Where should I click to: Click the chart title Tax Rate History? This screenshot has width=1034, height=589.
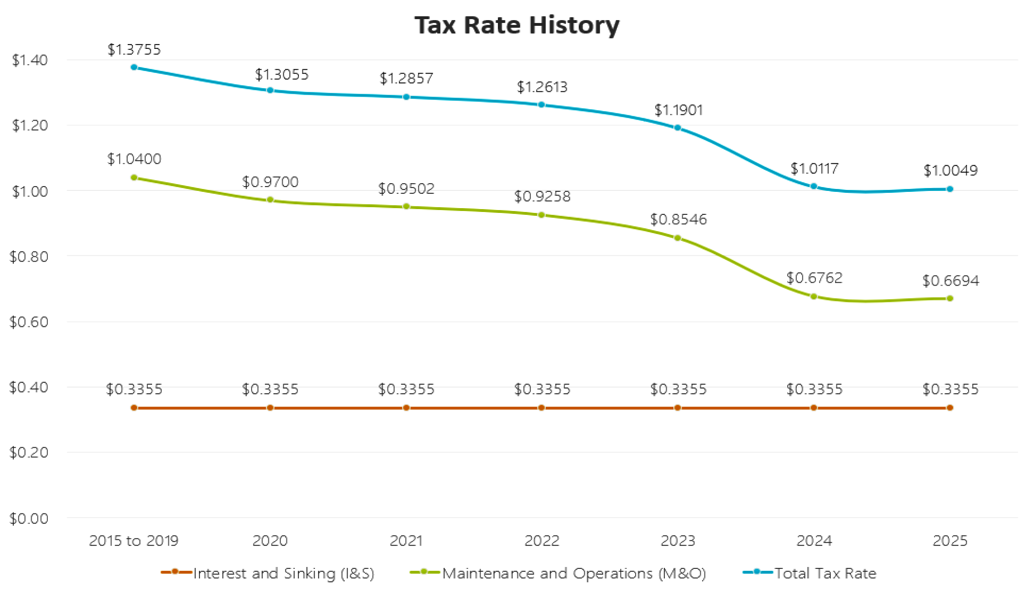[517, 25]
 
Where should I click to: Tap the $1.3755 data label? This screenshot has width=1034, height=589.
[134, 49]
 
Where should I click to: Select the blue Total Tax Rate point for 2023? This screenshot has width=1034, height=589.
[677, 128]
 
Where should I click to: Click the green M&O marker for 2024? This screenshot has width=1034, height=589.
[814, 297]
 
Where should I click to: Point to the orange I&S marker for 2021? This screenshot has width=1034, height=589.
[406, 408]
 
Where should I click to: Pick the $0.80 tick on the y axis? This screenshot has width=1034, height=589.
[29, 257]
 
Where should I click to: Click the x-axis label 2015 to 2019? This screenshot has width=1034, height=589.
[133, 541]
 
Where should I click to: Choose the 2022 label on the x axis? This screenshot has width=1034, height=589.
[541, 541]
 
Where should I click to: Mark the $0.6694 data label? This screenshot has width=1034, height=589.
[950, 280]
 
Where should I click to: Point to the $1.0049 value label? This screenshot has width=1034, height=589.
[950, 170]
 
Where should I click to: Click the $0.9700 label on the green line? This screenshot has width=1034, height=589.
[270, 182]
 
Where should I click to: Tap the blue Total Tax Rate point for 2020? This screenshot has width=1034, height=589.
[270, 90]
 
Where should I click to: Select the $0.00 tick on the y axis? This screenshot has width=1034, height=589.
[29, 518]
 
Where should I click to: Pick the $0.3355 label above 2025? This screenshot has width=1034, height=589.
[950, 389]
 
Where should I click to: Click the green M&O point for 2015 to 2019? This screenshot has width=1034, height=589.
[134, 178]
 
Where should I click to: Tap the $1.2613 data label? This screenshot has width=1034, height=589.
[542, 87]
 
